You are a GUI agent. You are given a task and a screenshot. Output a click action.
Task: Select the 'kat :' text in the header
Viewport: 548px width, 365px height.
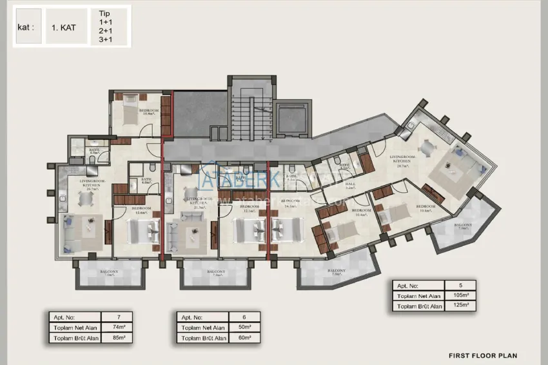pyautogui.click(x=26, y=28)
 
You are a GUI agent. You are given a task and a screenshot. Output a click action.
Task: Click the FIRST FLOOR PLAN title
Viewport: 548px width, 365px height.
pyautogui.click(x=482, y=355)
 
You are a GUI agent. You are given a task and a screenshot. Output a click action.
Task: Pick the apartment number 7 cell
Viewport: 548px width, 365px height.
pyautogui.click(x=116, y=317)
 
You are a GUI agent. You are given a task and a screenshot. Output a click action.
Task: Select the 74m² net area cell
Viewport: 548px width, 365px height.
pyautogui.click(x=116, y=328)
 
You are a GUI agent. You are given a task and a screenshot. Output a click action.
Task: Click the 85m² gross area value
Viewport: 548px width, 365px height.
pyautogui.click(x=116, y=338)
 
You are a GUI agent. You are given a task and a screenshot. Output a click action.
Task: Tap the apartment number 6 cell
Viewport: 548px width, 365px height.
pyautogui.click(x=244, y=317)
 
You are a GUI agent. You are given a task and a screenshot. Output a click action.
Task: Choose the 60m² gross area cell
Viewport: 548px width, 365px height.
pyautogui.click(x=244, y=338)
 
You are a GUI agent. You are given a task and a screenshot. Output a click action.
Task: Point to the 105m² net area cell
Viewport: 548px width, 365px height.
pyautogui.click(x=460, y=295)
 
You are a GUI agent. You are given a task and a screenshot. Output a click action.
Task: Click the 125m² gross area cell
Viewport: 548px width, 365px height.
pyautogui.click(x=460, y=306)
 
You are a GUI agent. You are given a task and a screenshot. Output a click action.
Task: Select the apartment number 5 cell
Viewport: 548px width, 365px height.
pyautogui.click(x=460, y=285)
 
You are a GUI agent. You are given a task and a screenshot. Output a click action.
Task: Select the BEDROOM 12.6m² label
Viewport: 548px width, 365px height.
pyautogui.click(x=141, y=210)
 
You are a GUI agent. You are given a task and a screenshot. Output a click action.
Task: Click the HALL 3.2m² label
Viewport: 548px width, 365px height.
pyautogui.click(x=350, y=186)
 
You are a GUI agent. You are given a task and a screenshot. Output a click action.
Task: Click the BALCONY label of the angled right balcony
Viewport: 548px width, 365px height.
pyautogui.click(x=464, y=226)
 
